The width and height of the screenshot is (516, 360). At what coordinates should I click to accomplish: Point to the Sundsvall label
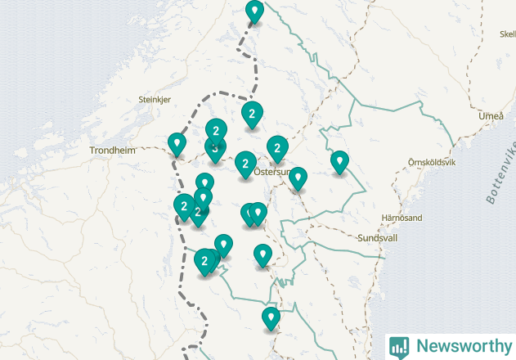(x=377, y=238)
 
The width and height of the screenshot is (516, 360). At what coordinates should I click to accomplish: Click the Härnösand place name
(x=402, y=218)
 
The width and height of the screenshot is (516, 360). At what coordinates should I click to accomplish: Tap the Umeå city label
(x=491, y=116)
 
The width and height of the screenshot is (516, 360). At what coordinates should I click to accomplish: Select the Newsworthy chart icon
(x=399, y=347)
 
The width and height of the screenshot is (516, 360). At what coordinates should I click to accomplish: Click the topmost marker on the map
(x=255, y=11)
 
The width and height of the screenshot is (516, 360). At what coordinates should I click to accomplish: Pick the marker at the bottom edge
(x=271, y=317)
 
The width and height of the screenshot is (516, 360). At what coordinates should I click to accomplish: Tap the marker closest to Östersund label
(x=298, y=177)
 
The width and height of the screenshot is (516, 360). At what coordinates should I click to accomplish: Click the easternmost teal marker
(x=339, y=161)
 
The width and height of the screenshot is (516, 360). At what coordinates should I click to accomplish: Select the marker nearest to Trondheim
(x=176, y=143)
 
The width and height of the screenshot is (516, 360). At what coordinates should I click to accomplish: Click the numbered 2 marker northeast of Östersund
(x=277, y=147)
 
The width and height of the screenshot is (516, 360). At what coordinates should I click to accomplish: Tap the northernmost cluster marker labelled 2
(x=252, y=114)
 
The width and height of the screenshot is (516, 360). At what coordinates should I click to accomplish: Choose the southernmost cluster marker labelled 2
(x=204, y=261)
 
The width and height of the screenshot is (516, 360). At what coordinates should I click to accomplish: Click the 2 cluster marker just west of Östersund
(x=245, y=163)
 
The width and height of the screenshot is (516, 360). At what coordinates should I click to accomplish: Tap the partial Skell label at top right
(x=506, y=34)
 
